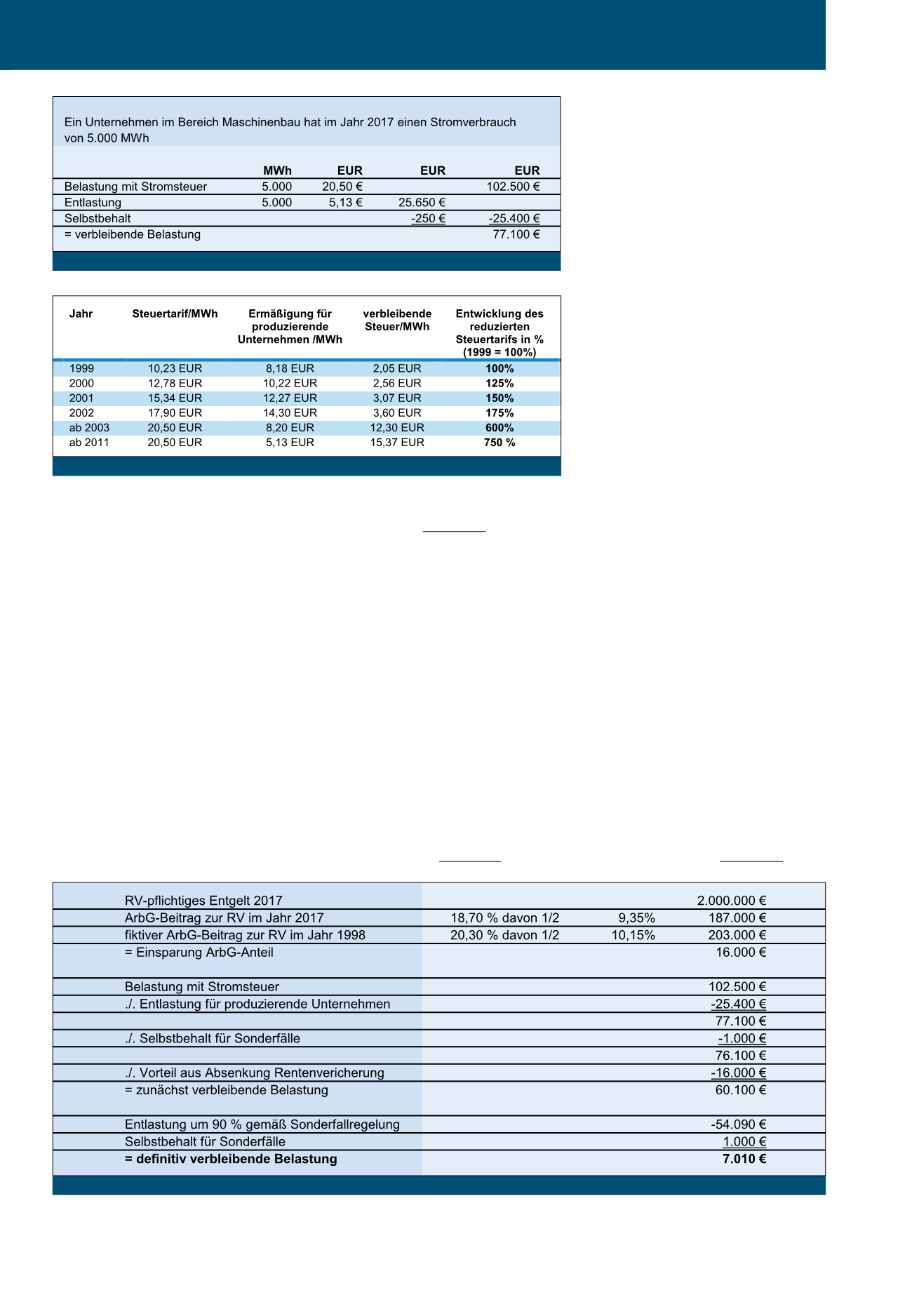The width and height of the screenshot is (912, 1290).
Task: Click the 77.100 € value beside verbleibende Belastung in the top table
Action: click(x=516, y=234)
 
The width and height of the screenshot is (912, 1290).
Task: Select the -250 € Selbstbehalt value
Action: click(x=428, y=218)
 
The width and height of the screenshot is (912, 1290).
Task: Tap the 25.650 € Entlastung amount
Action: click(x=422, y=203)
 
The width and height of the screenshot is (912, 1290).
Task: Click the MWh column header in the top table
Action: click(x=277, y=170)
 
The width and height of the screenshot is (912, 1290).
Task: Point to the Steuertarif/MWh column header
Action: click(x=175, y=314)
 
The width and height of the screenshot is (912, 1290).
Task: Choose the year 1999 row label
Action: click(x=81, y=368)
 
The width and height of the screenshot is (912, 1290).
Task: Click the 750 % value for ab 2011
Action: click(x=499, y=443)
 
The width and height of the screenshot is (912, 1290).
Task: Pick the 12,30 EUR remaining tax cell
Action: click(x=397, y=428)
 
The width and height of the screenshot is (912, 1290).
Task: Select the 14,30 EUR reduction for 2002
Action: click(x=290, y=413)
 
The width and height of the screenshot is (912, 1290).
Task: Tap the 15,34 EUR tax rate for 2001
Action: click(x=175, y=398)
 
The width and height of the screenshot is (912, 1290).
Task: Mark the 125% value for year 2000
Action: click(x=499, y=384)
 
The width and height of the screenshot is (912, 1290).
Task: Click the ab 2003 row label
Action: click(x=89, y=428)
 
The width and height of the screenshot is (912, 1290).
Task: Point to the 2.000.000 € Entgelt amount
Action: click(x=731, y=901)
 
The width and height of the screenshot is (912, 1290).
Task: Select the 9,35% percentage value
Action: click(x=636, y=918)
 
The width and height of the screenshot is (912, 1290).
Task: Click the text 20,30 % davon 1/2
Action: click(x=504, y=935)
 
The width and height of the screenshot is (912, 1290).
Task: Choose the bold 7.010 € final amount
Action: click(x=744, y=1159)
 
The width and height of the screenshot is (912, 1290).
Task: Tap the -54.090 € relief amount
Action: click(x=738, y=1124)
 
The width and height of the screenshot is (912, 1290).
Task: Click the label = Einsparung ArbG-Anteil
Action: click(x=199, y=953)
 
